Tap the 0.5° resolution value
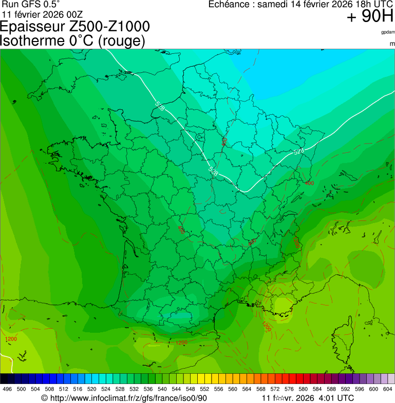[x=48, y=4]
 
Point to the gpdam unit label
[x=388, y=32]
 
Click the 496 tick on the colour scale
[x=7, y=389]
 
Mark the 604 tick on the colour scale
[x=388, y=389]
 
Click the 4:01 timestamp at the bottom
[x=327, y=398]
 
